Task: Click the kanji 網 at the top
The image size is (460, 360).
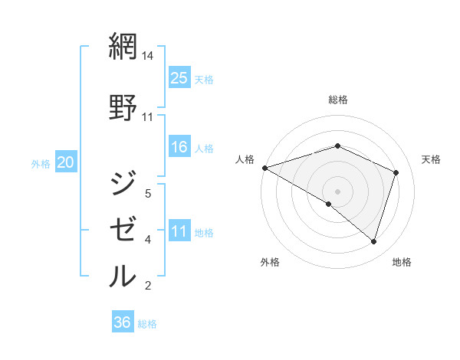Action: (x=123, y=47)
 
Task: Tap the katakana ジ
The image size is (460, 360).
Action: (x=123, y=184)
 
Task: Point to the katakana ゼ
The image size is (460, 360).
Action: (x=123, y=230)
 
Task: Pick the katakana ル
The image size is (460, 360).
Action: (x=123, y=276)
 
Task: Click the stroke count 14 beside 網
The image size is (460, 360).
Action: (x=148, y=57)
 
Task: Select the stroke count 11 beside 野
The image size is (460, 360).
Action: (x=148, y=117)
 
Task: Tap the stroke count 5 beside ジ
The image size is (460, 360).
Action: (x=148, y=194)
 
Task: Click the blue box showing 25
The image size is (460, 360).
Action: (x=179, y=77)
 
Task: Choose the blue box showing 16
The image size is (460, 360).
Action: (x=179, y=147)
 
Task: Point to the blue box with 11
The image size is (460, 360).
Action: (x=179, y=231)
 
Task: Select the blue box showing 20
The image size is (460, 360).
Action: (x=66, y=162)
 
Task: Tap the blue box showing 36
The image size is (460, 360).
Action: (x=123, y=322)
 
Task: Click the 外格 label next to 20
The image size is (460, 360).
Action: (x=41, y=163)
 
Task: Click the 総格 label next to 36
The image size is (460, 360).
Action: (x=147, y=324)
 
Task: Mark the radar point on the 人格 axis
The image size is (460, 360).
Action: (x=264, y=168)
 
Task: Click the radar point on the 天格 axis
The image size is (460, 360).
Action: (x=396, y=172)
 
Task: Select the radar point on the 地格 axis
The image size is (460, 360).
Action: (x=373, y=241)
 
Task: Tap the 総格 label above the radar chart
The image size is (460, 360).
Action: (x=337, y=100)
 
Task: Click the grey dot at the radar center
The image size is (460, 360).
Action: (x=337, y=191)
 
